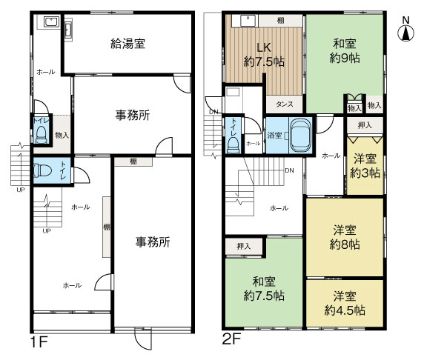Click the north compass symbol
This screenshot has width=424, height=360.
tap(405, 32)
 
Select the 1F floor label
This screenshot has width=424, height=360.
tap(40, 343)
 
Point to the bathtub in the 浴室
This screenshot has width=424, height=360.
tap(300, 135)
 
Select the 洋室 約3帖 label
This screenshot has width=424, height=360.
tap(365, 165)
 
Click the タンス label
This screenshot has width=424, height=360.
tap(285, 105)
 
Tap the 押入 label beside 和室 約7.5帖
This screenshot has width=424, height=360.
tap(242, 246)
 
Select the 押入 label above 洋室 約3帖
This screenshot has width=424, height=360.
tap(364, 126)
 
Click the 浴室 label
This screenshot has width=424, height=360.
tap(274, 136)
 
